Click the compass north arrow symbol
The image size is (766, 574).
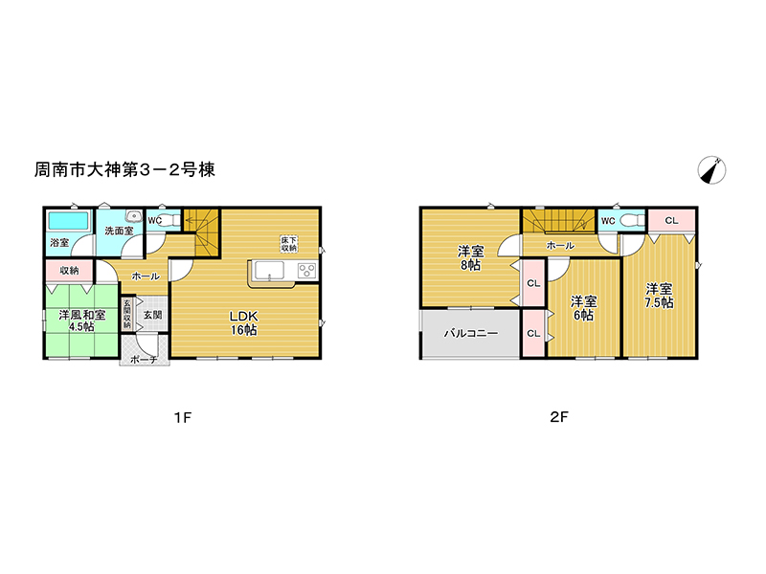tap(711, 170)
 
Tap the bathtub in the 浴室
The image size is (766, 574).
tap(68, 221)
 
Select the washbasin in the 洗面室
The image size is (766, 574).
tap(133, 216)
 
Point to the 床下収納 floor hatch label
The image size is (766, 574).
tap(289, 244)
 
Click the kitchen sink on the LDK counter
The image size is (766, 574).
tap(269, 271)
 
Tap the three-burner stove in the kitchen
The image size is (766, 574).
tap(307, 271)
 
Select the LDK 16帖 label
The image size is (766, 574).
tap(244, 322)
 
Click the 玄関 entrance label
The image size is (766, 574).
tap(153, 315)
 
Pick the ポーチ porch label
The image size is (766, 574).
tap(145, 360)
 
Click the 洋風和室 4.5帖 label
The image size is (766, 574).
tap(81, 320)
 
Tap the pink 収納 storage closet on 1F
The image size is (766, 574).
tap(69, 271)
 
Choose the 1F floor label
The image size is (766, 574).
tap(183, 418)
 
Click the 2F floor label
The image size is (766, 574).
tap(559, 417)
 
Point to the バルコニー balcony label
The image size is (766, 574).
tap(471, 334)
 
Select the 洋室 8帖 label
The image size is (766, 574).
tap(470, 258)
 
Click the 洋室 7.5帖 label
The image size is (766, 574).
tap(659, 296)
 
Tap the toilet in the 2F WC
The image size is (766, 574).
tap(633, 221)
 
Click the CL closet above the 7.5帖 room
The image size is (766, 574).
tap(672, 221)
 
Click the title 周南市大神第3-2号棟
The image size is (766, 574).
tap(124, 170)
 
